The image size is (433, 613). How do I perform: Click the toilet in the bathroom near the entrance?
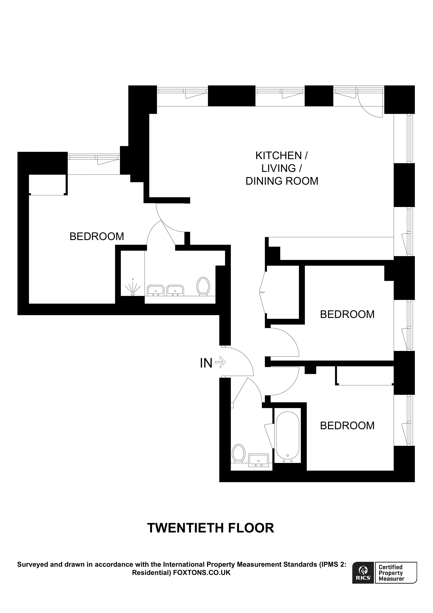[x=239, y=453]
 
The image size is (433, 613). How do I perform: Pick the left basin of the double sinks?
[x=155, y=290]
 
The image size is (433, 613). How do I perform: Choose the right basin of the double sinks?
[x=175, y=290]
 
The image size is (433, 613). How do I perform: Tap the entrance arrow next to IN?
[x=221, y=363]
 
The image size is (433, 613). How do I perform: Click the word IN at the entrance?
[x=206, y=363]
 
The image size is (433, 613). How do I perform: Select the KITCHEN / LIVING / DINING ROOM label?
[x=281, y=168]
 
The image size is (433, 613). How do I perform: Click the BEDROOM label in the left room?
[x=97, y=236]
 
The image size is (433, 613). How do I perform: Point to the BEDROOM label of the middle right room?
[x=347, y=314]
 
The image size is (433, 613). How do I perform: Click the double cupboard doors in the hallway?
[x=263, y=293]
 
